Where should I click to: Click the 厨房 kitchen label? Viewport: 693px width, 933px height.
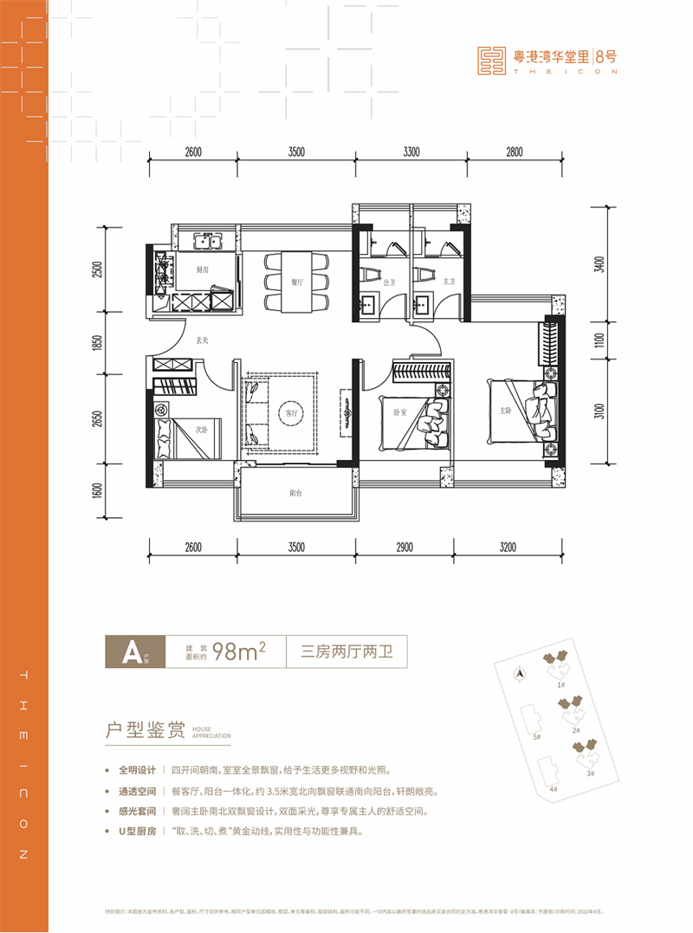201,270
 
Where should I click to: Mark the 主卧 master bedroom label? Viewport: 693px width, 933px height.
506,411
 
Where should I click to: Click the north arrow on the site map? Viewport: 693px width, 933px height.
519,671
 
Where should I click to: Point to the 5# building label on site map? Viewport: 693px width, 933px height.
537,736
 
